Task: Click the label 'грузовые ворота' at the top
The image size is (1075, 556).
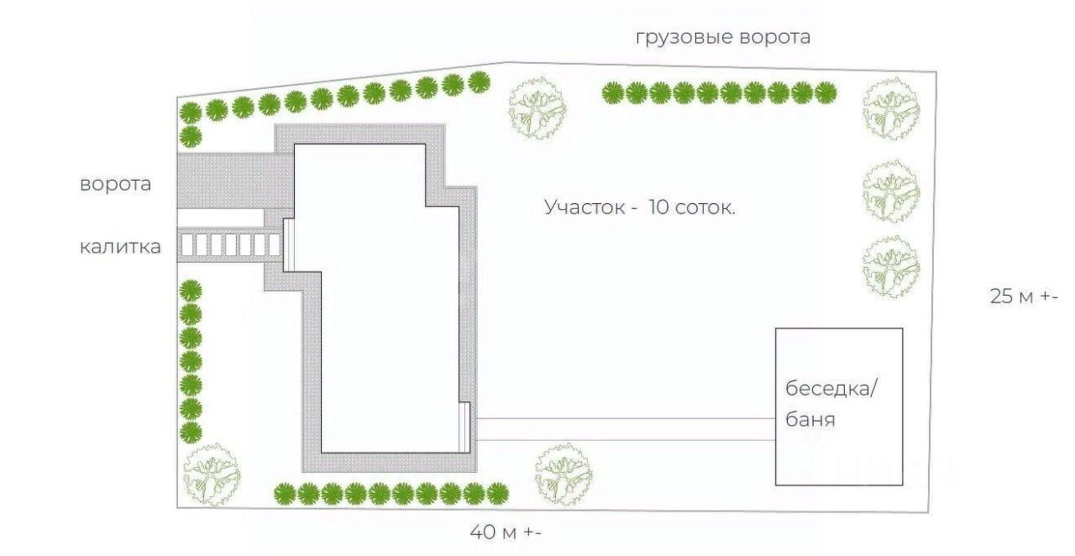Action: [722, 38]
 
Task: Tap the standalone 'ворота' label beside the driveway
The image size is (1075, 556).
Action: [116, 185]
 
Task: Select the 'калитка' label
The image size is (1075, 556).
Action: [120, 247]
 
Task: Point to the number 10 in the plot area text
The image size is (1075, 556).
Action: [659, 207]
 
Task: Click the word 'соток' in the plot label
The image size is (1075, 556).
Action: [705, 207]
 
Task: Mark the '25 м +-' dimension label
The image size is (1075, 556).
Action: [1024, 296]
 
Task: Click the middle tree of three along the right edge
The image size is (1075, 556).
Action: [891, 191]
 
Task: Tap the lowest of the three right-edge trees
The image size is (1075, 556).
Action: [891, 267]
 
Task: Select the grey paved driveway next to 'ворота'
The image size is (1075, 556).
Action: [227, 181]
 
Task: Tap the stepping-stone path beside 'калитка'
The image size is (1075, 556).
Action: [231, 246]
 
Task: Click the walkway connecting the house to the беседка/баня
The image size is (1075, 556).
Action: [621, 428]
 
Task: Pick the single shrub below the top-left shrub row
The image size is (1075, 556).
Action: [191, 136]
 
